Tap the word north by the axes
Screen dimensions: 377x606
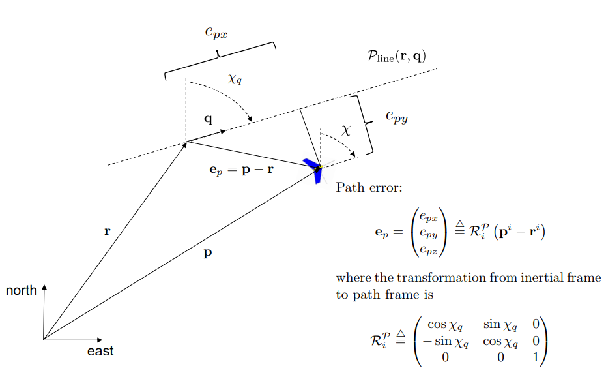pyautogui.click(x=22, y=290)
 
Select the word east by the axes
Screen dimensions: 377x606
pyautogui.click(x=100, y=351)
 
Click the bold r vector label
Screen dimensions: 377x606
pyautogui.click(x=108, y=231)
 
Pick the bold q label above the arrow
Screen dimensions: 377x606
pyautogui.click(x=208, y=119)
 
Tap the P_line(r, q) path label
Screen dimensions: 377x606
pyautogui.click(x=396, y=56)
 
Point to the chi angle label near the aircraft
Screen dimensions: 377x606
pyautogui.click(x=346, y=130)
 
